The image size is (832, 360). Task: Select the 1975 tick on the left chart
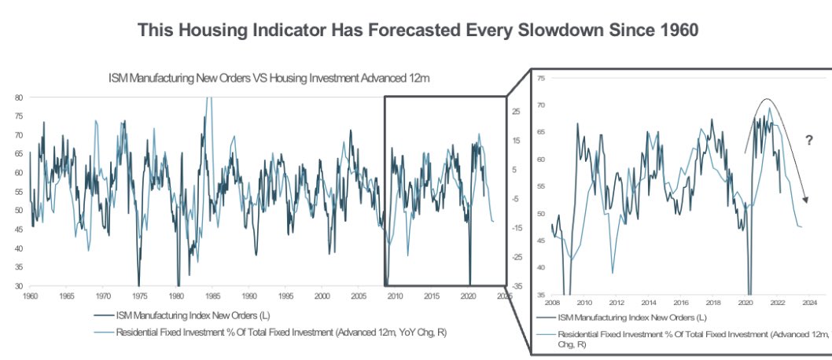tap(139, 297)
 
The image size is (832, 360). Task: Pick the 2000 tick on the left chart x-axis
tap(322, 297)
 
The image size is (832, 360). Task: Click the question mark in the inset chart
tap(808, 140)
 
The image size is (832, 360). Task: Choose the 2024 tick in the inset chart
tap(811, 302)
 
